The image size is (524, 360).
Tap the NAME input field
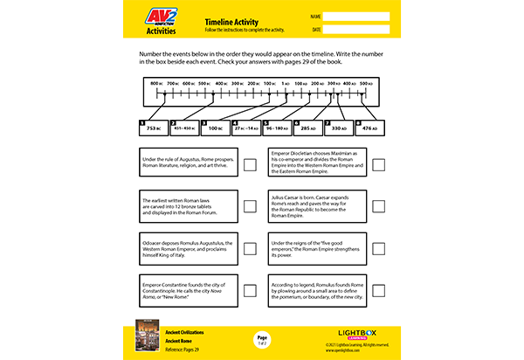[x=357, y=16]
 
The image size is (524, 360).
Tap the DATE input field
[x=357, y=30]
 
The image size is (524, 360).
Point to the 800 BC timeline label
[x=157, y=83]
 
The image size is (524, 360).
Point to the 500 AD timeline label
[x=366, y=83]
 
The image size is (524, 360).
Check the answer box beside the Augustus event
[x=250, y=164]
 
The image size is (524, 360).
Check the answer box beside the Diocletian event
[x=378, y=164]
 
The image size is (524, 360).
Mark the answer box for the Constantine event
[x=250, y=290]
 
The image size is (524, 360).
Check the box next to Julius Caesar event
[x=378, y=206]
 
